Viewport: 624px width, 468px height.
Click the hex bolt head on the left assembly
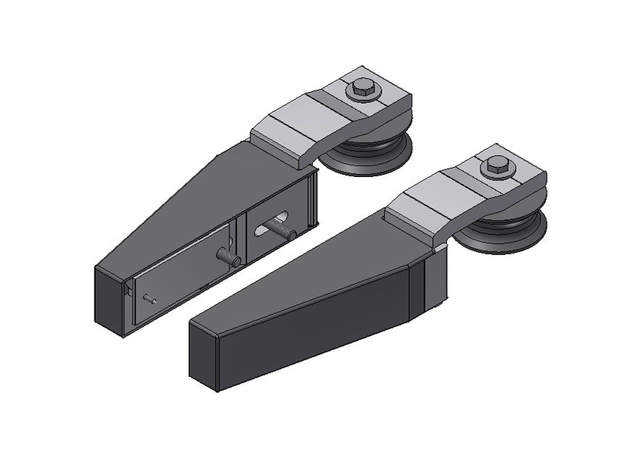(x=362, y=87)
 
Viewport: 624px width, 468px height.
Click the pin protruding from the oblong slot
(x=284, y=229)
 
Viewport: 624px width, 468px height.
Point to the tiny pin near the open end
(x=151, y=298)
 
